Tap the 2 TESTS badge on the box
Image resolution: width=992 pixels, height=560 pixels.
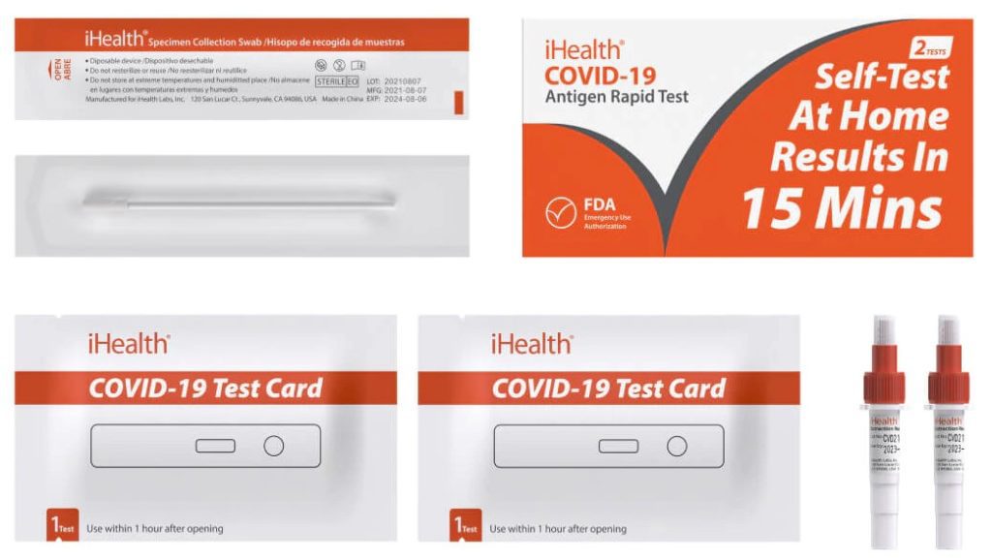931,47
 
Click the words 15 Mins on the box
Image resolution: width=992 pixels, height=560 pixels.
842,206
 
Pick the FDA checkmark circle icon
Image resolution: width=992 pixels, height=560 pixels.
561,212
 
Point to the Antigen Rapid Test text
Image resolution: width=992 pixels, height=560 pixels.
617,97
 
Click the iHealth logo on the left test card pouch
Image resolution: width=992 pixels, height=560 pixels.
128,343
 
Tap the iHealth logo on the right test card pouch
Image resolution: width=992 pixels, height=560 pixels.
531,343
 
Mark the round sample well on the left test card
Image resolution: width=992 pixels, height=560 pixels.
274,446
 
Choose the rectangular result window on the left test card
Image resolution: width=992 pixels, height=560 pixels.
215,446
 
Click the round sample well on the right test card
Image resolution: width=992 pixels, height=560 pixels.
677,446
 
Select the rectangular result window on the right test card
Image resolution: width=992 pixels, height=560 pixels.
618,446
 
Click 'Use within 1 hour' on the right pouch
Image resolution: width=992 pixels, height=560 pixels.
558,529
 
